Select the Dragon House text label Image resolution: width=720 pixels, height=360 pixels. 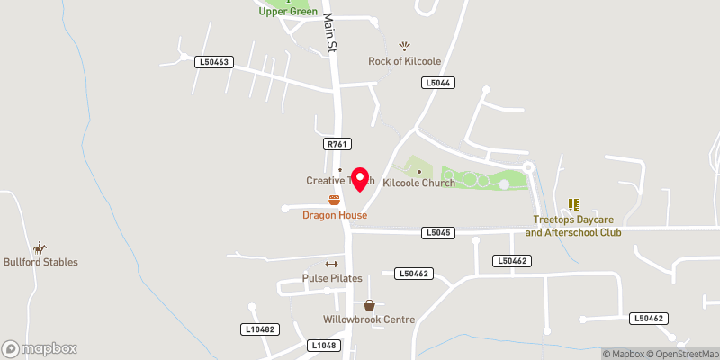pyautogui.click(x=335, y=215)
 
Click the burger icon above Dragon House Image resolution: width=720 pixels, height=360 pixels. pyautogui.click(x=335, y=200)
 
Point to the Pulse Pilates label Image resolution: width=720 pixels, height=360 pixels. pyautogui.click(x=332, y=278)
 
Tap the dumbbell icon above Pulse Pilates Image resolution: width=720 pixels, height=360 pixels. pyautogui.click(x=330, y=264)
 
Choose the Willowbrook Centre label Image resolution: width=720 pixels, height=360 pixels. pyautogui.click(x=369, y=319)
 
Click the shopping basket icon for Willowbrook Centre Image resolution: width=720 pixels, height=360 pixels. pyautogui.click(x=369, y=305)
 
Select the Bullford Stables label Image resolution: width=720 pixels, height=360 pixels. pyautogui.click(x=40, y=262)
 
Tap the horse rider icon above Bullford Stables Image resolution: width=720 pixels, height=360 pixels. pyautogui.click(x=40, y=247)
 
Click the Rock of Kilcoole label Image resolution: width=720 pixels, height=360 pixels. pyautogui.click(x=404, y=61)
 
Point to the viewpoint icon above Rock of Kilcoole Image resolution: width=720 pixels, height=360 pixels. pyautogui.click(x=404, y=46)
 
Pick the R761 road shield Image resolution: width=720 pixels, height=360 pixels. pyautogui.click(x=337, y=143)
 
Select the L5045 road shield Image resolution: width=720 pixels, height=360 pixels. pyautogui.click(x=436, y=233)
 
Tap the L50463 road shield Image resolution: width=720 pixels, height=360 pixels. pyautogui.click(x=214, y=62)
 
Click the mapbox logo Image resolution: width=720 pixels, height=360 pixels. pyautogui.click(x=40, y=348)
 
